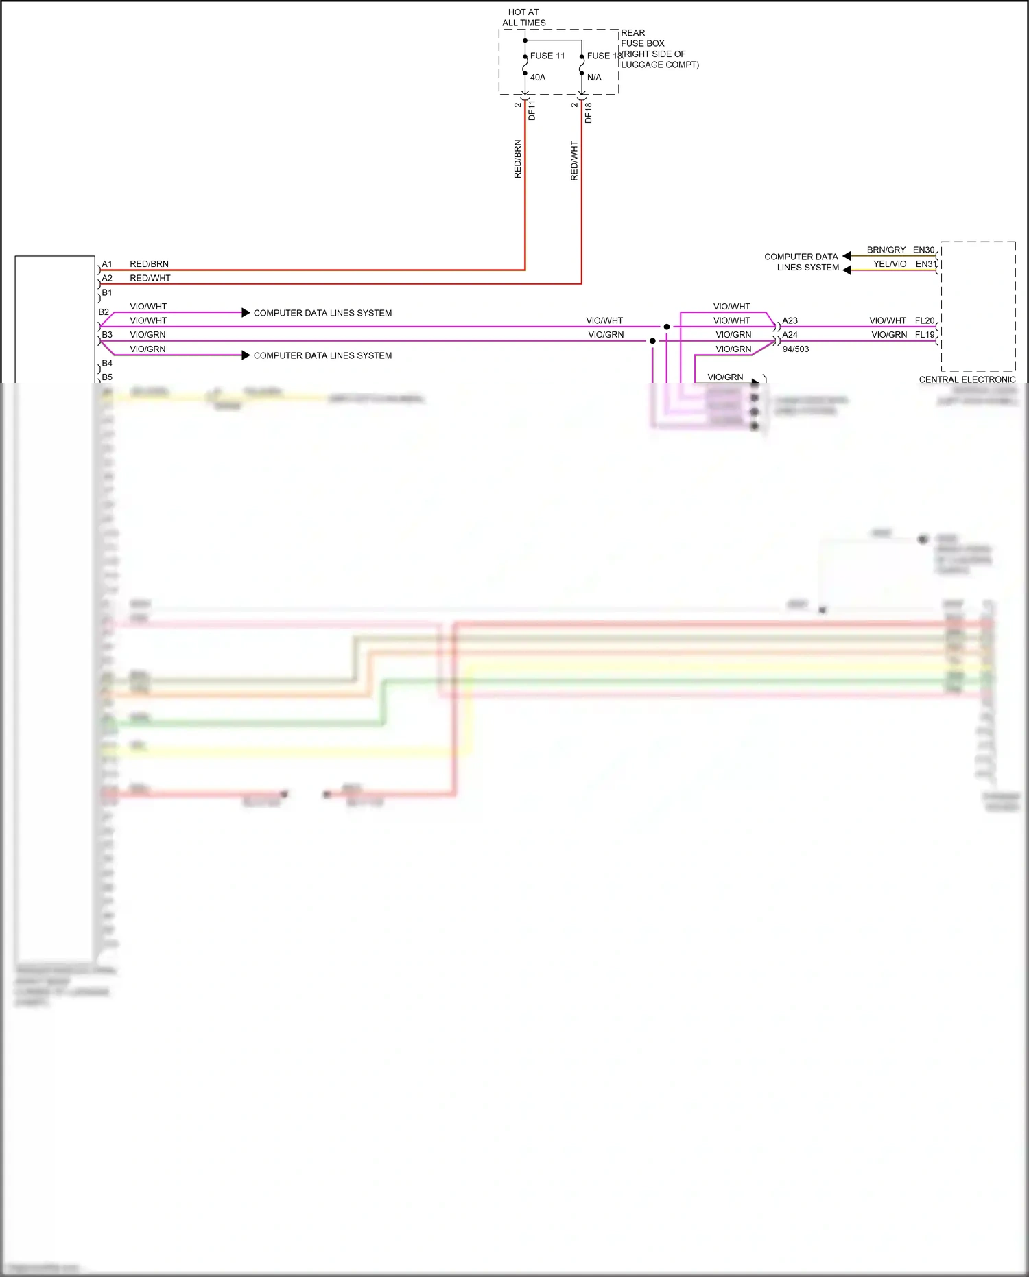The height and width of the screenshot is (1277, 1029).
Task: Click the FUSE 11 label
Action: (547, 56)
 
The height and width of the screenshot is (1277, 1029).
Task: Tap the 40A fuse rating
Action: (538, 78)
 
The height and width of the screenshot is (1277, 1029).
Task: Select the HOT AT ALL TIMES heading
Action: (523, 17)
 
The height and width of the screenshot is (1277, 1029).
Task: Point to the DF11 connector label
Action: (532, 110)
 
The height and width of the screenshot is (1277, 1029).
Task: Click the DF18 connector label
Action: (588, 113)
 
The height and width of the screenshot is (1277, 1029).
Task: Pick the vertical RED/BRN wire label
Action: (517, 159)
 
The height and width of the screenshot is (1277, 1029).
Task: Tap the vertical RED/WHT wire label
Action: (574, 161)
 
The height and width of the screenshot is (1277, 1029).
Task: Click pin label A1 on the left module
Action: (107, 264)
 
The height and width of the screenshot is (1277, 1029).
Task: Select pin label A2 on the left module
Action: (107, 278)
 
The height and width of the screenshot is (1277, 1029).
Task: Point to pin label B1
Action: (107, 292)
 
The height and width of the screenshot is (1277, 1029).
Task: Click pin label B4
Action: (107, 363)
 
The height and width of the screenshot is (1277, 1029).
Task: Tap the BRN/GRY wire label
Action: (886, 250)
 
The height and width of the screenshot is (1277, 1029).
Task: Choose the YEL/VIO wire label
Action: (889, 263)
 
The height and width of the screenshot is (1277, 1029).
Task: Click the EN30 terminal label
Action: (923, 250)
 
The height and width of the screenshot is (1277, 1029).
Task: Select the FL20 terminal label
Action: (924, 320)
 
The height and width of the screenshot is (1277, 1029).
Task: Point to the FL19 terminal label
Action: (924, 334)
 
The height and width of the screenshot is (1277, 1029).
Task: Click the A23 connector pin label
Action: (790, 320)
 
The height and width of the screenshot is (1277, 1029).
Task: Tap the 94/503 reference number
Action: (795, 349)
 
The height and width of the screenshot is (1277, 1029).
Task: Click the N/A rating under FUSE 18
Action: (594, 78)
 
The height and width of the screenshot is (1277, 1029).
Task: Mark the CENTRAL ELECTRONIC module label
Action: (967, 379)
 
